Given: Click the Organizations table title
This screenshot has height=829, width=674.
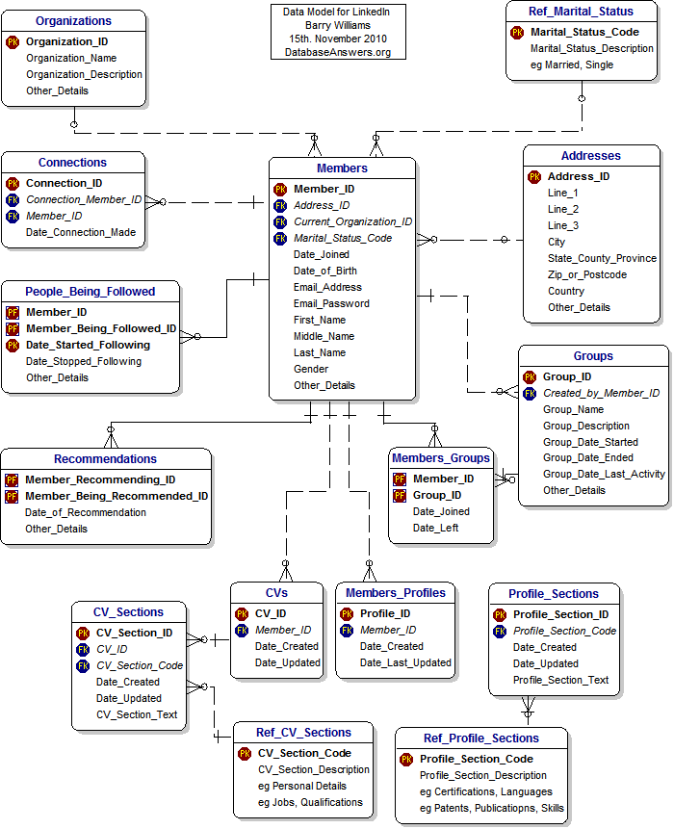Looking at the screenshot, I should [x=73, y=20].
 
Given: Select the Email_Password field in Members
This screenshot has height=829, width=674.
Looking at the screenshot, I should [x=327, y=303].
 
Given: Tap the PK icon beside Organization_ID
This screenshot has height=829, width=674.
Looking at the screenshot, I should [x=13, y=42].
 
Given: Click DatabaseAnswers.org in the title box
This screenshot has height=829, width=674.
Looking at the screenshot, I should [x=337, y=52].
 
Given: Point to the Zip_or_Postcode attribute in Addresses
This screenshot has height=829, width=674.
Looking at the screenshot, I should [x=586, y=274].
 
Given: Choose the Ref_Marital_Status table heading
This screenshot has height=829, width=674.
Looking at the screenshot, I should [x=581, y=12].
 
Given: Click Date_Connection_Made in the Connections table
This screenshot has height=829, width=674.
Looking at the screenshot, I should [x=80, y=232].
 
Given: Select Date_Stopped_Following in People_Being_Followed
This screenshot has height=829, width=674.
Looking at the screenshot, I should [x=83, y=361].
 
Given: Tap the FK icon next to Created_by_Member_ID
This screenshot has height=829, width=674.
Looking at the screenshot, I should [x=530, y=393].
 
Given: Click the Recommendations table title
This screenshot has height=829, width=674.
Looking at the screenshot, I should [x=105, y=459].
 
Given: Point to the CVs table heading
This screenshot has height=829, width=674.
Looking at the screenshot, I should [x=276, y=592].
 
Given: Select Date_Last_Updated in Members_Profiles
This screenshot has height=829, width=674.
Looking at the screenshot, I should [x=405, y=662].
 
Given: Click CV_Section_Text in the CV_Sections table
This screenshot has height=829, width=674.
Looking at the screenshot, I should [x=137, y=714].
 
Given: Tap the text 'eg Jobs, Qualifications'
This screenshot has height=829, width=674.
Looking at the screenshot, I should [x=310, y=802].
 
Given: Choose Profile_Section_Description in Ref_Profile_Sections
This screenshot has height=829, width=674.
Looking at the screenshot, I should [x=483, y=775].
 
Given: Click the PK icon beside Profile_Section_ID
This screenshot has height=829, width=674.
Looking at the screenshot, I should [x=500, y=614].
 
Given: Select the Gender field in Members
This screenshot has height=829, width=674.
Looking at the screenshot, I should [x=311, y=369].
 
